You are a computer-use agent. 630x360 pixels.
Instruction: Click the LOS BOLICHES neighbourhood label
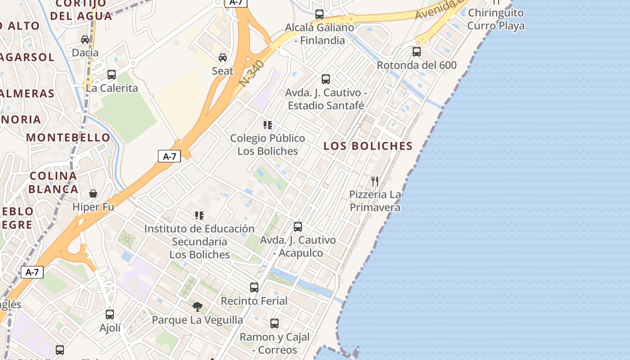click(x=368, y=146)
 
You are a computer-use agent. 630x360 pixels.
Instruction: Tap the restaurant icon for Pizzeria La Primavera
click(x=375, y=181)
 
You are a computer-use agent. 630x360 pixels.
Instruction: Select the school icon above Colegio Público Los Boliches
click(x=268, y=125)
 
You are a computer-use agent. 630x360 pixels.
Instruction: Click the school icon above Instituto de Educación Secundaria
click(x=199, y=216)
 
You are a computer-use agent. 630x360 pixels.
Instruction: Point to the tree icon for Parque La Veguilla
click(x=197, y=307)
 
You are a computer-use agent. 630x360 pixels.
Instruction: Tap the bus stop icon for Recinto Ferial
click(x=254, y=287)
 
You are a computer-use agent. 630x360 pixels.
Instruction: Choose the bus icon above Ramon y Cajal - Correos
click(x=274, y=323)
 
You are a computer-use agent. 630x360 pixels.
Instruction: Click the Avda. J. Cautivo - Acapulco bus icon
click(x=298, y=226)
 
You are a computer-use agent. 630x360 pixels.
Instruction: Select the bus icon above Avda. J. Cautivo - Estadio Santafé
click(x=326, y=79)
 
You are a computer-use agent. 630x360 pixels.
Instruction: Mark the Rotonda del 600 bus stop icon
click(x=417, y=52)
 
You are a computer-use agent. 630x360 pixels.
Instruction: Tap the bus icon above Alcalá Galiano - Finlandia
click(x=319, y=14)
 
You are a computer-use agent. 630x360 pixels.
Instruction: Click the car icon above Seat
click(x=223, y=57)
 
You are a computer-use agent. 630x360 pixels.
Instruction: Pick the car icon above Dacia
click(x=85, y=40)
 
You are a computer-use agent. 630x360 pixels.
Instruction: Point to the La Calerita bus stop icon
click(x=112, y=74)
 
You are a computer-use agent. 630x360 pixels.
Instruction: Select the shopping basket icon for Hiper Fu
click(x=93, y=193)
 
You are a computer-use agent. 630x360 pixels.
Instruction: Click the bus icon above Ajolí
click(x=110, y=315)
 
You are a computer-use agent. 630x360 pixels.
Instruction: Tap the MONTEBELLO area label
click(x=68, y=137)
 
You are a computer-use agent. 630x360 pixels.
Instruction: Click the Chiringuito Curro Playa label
click(x=496, y=19)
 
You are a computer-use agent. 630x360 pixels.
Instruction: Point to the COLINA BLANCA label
click(x=54, y=182)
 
